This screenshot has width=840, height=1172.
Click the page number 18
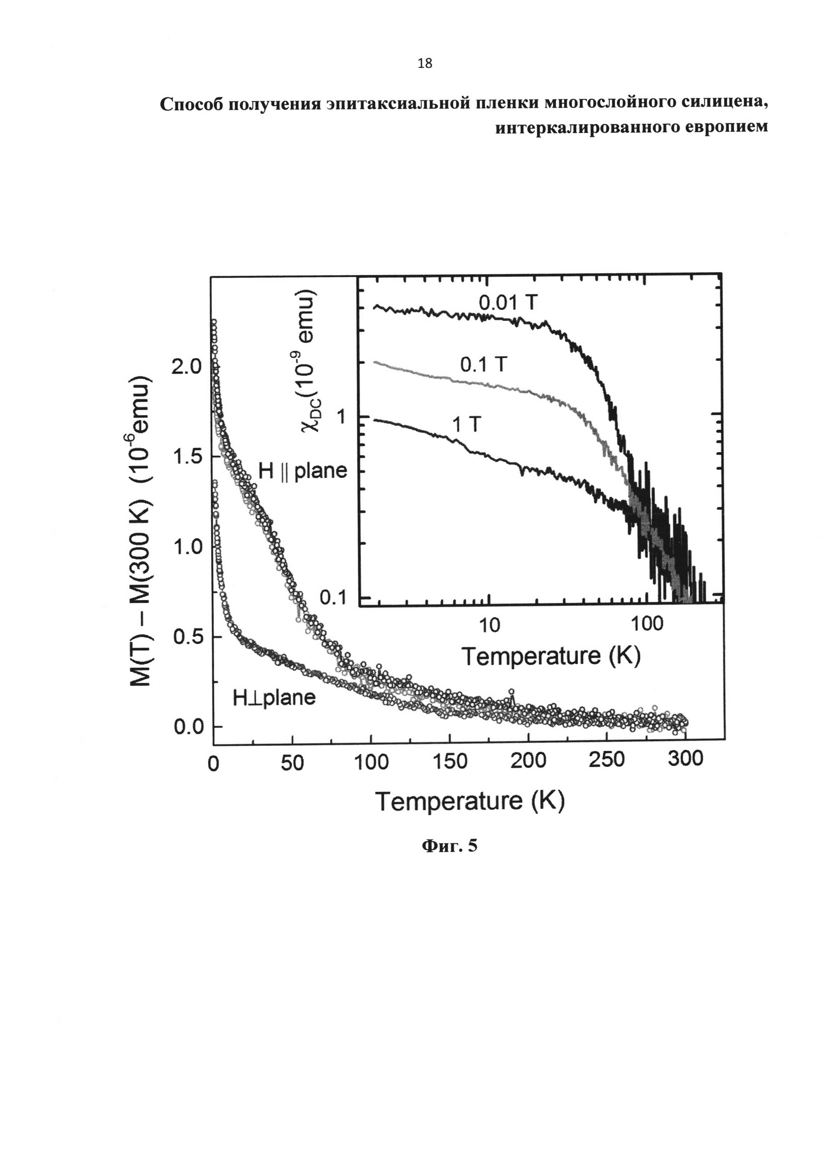425,64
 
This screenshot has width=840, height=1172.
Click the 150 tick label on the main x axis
449,761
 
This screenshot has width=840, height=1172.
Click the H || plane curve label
302,471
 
